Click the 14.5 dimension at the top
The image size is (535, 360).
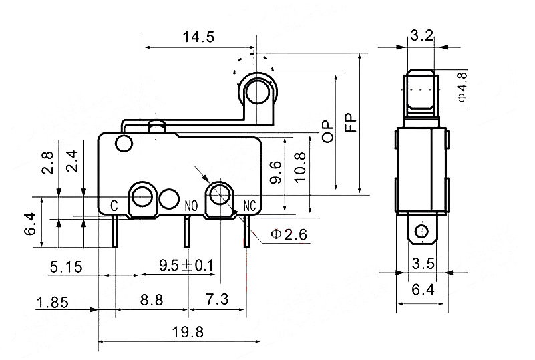click(198, 37)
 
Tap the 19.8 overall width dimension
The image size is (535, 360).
click(188, 332)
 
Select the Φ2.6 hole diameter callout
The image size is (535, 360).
click(289, 234)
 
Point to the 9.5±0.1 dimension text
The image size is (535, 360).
click(186, 265)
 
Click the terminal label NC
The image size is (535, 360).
click(249, 206)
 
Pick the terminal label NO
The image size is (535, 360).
click(191, 206)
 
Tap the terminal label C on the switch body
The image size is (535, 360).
click(114, 206)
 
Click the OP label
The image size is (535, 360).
click(328, 132)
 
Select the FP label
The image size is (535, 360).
click(351, 122)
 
